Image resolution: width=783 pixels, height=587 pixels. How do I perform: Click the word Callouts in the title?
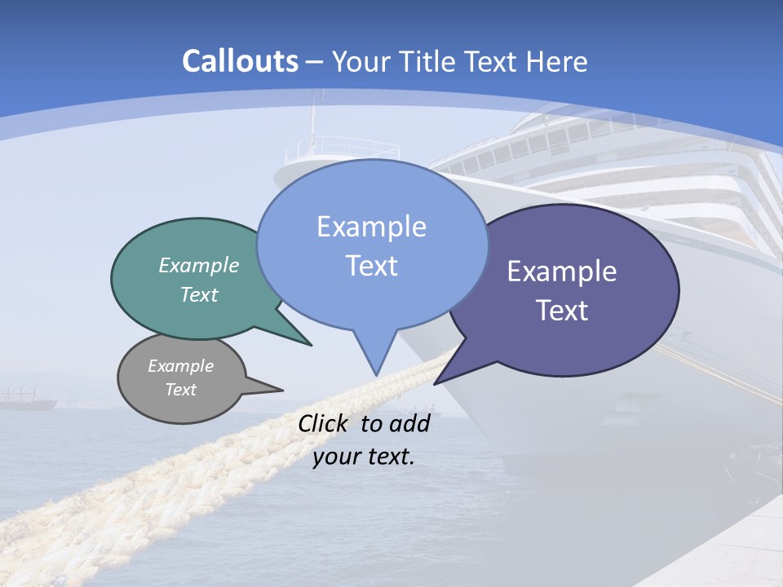click(x=240, y=61)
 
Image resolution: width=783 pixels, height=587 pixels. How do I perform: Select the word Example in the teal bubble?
click(x=199, y=265)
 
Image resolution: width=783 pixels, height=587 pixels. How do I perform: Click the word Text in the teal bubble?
click(x=199, y=294)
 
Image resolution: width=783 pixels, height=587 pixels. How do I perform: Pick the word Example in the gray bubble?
click(x=180, y=366)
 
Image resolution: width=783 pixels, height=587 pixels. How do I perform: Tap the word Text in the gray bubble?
click(x=180, y=390)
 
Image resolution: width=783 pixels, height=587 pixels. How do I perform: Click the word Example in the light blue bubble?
click(x=371, y=227)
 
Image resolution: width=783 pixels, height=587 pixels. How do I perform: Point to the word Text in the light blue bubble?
click(x=371, y=266)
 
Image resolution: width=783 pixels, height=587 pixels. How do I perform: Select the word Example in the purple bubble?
click(x=562, y=271)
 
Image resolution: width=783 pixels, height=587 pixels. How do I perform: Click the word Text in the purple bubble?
click(x=562, y=311)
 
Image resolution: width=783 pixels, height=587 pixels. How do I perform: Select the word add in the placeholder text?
click(x=409, y=423)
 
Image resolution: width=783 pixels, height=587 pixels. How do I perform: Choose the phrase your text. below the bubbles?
click(x=364, y=457)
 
